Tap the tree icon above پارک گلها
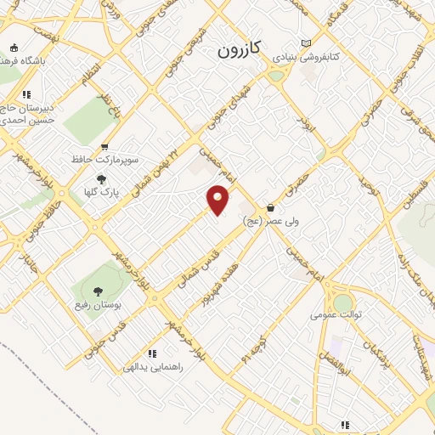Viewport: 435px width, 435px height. [x=102, y=179]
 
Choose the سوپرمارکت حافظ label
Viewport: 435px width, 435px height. [x=105, y=159]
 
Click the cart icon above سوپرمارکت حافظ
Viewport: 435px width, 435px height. [x=105, y=147]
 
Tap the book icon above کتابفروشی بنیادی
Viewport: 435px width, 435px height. [x=306, y=44]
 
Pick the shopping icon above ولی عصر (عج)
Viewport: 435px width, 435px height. [x=270, y=207]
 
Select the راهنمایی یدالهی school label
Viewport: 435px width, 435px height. [x=153, y=367]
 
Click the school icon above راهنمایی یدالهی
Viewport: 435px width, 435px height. [x=153, y=353]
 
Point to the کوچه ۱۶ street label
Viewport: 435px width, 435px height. [x=248, y=344]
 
